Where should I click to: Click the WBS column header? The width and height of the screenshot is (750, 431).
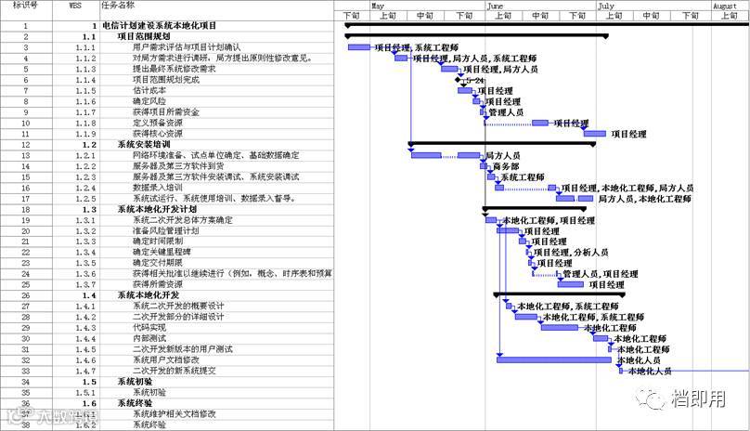pos(75,5)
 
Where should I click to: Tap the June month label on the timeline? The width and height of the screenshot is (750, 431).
pos(496,6)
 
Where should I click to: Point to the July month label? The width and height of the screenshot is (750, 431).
pos(606,6)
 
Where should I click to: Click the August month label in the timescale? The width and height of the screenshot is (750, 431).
pos(725,6)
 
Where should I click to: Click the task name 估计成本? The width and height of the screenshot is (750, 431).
pos(149,90)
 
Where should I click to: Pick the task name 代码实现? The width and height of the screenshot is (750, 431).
pos(149,327)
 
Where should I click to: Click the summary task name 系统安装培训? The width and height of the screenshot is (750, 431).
pos(143,144)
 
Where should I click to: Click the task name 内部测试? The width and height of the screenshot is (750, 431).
pos(149,338)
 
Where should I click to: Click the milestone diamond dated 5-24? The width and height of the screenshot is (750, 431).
pos(459,80)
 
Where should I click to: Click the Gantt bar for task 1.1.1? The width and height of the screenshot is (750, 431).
pos(359,47)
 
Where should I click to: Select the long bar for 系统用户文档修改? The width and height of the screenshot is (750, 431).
pos(553,359)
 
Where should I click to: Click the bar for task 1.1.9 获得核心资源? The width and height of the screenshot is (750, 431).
pos(594,134)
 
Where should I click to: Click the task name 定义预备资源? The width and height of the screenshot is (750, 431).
pos(157,123)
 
